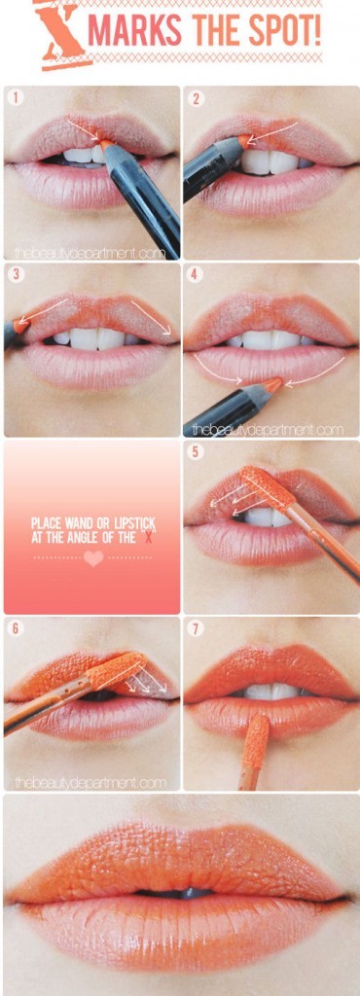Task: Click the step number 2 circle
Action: tap(197, 98)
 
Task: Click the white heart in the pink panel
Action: tap(92, 559)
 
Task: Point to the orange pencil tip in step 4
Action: tap(273, 384)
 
